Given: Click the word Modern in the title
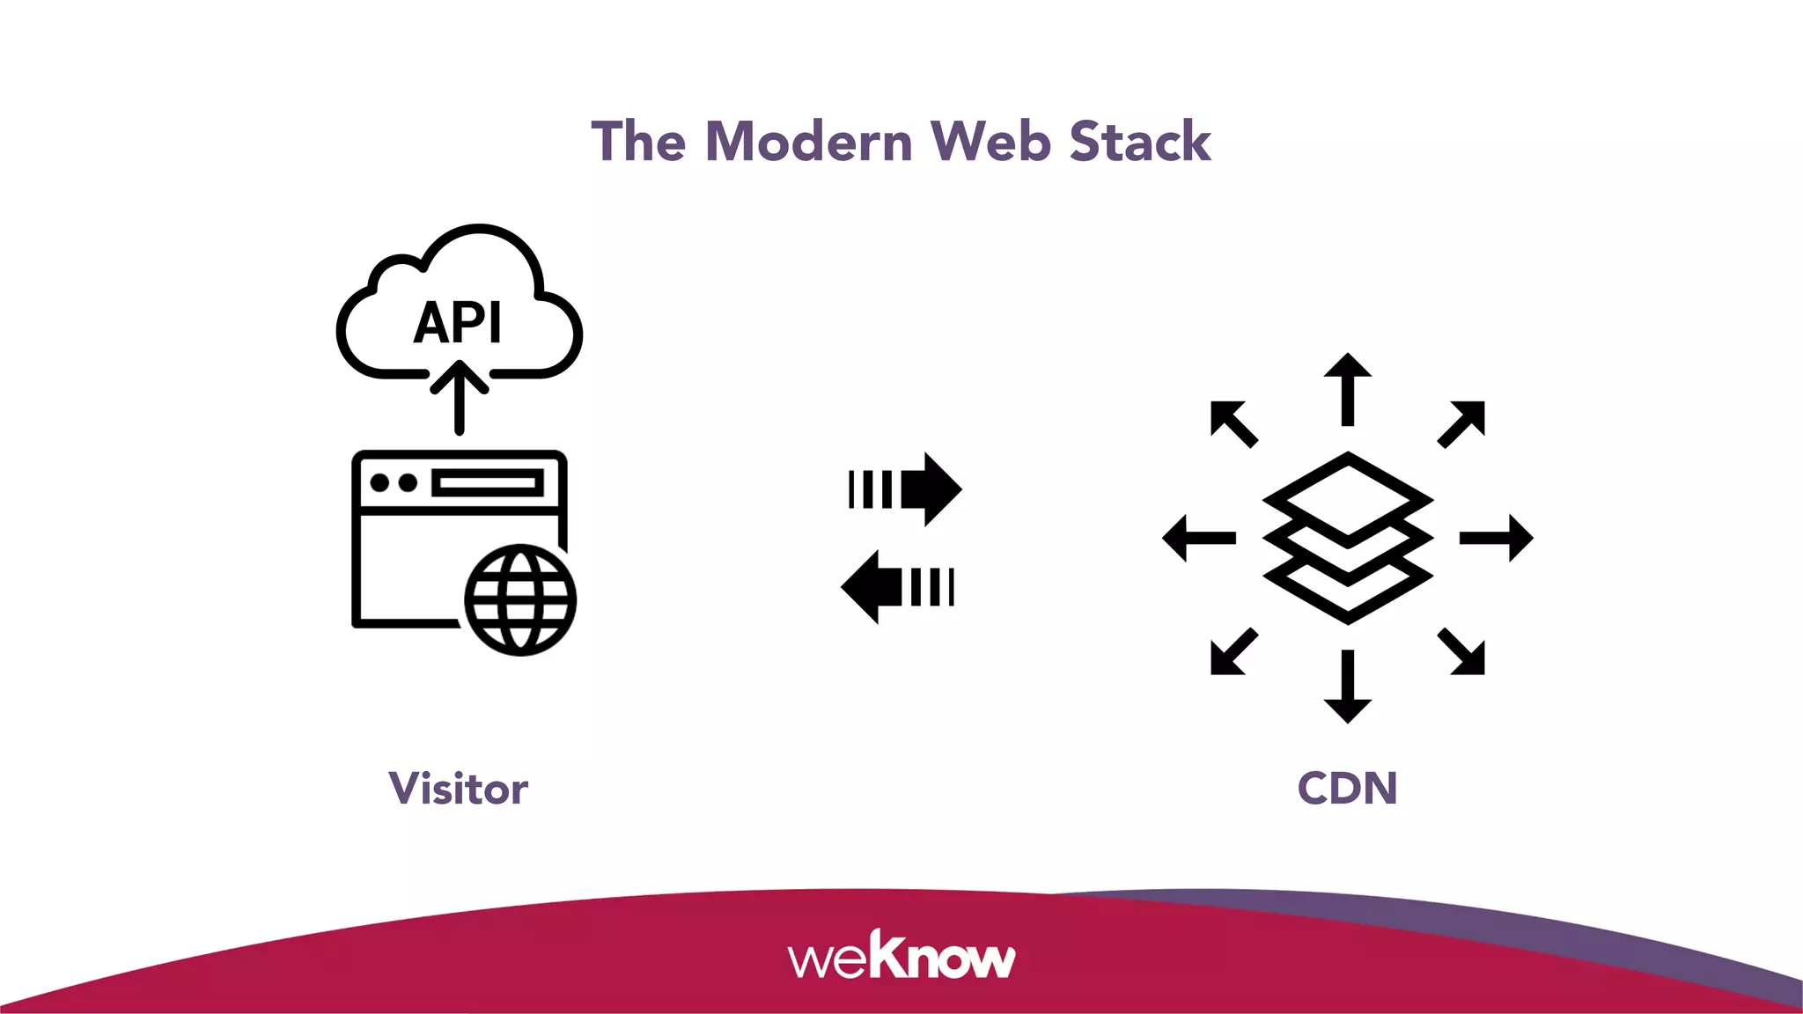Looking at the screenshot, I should (809, 142).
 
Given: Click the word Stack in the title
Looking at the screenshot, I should (1140, 142).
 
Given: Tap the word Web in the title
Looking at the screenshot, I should (990, 142).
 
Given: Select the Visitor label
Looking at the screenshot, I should (459, 789).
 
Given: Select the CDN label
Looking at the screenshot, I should (1347, 789).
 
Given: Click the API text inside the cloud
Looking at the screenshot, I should (458, 323).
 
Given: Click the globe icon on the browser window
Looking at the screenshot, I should (520, 600).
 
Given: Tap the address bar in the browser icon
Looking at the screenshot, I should (487, 483).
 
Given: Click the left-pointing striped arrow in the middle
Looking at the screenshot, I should (898, 587).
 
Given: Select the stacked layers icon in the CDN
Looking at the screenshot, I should (1348, 538).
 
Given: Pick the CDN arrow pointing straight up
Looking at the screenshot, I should (1348, 388).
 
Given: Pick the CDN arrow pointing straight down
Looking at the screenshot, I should (1348, 687).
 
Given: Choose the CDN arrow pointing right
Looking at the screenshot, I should (1497, 538).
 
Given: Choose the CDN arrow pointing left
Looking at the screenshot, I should (1199, 538).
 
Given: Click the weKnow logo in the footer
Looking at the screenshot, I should (901, 957).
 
